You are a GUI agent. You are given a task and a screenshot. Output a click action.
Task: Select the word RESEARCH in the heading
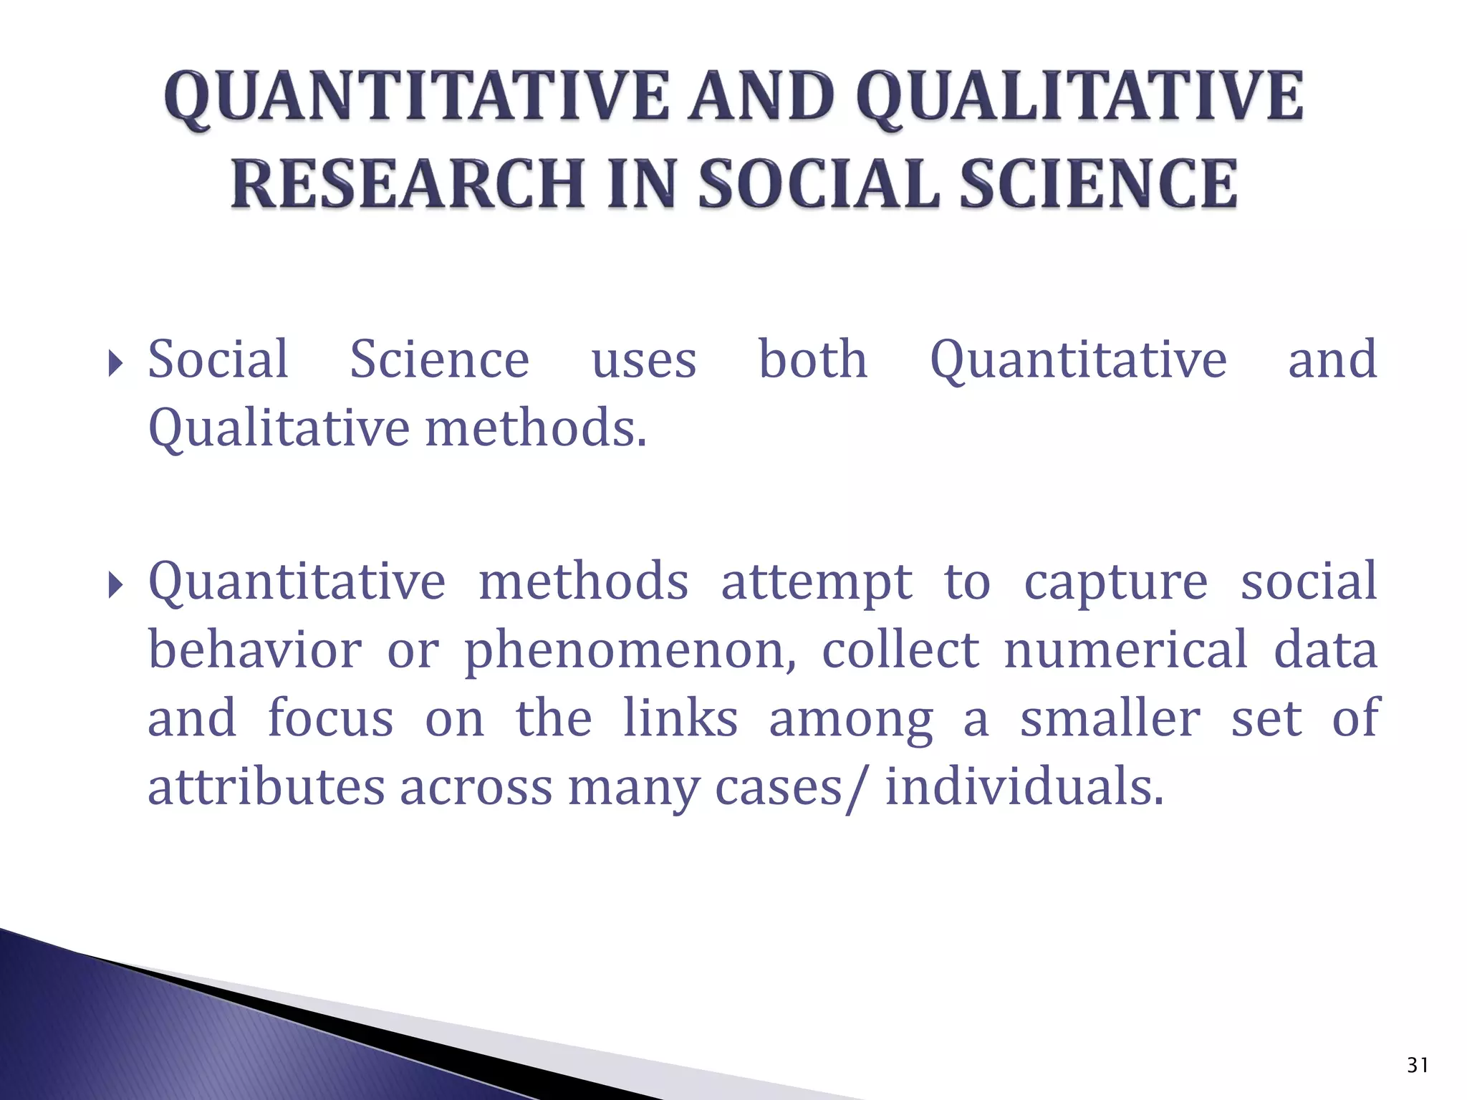tap(405, 184)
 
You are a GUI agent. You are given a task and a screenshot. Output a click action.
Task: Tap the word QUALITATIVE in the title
tap(1079, 98)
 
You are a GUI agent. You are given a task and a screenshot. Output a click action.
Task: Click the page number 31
tap(1418, 1066)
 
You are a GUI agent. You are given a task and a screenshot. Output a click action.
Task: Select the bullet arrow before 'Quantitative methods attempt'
tap(115, 585)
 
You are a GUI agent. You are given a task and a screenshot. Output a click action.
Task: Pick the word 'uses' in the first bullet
tap(643, 360)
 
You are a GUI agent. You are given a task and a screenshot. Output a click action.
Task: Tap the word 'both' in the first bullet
tap(812, 359)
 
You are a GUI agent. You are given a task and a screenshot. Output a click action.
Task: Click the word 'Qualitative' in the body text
tap(279, 429)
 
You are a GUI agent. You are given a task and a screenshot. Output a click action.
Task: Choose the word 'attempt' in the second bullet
tap(816, 582)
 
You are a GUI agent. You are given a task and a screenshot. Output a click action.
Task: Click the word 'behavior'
tap(254, 650)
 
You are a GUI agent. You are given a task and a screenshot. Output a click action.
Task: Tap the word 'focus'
tap(330, 718)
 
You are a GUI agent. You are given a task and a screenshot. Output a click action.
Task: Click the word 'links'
tap(680, 718)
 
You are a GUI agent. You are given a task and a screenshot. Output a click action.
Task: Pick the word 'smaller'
tap(1110, 718)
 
